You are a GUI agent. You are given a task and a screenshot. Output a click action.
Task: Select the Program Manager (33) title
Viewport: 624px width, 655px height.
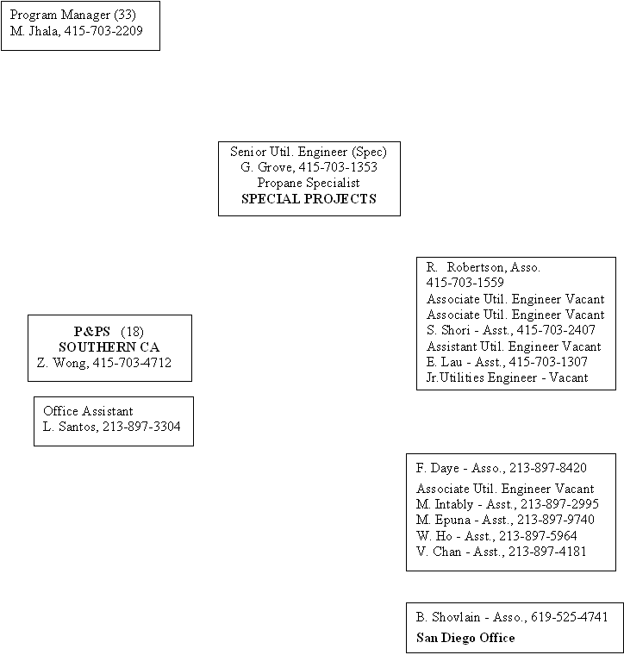tap(72, 16)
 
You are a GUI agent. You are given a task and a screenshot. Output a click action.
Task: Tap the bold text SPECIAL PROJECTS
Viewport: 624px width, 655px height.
tap(309, 199)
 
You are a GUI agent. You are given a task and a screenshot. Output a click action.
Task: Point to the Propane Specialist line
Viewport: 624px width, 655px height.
tap(309, 183)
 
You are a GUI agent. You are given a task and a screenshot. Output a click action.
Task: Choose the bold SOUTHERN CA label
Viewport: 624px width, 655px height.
tap(109, 347)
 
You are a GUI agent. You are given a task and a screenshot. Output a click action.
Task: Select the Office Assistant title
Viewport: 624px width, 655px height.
tap(88, 411)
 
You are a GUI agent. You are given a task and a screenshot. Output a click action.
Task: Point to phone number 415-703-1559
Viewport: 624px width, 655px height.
tap(465, 283)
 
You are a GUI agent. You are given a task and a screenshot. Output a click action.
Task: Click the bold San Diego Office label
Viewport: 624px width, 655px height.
tap(465, 638)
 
